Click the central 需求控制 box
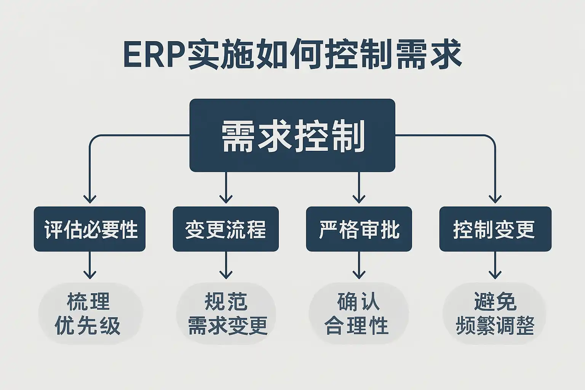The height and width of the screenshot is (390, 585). [292, 136]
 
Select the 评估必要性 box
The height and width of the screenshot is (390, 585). [90, 229]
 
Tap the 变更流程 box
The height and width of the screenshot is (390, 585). [226, 229]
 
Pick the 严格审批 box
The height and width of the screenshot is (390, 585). [359, 229]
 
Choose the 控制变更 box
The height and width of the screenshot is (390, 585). [495, 229]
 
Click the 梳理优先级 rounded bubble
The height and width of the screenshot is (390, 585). [90, 314]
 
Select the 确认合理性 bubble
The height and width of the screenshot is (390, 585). [358, 314]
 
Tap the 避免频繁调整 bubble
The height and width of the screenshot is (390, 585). [495, 314]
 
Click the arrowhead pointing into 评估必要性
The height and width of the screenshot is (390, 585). [90, 198]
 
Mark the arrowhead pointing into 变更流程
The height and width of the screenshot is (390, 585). [226, 198]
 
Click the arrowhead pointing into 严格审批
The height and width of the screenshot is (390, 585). [359, 198]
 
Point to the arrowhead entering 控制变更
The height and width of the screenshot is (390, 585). [495, 198]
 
